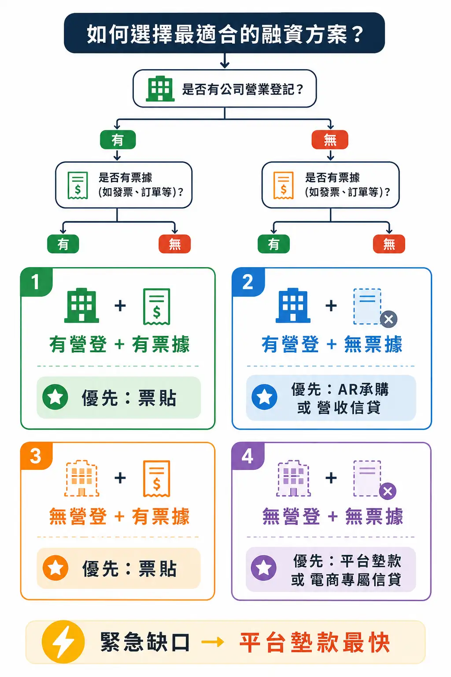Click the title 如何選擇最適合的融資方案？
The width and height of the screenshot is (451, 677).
(225, 34)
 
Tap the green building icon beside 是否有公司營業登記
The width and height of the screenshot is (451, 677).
(160, 89)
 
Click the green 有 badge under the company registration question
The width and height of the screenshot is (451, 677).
(118, 140)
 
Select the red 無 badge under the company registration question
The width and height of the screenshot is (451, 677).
(330, 140)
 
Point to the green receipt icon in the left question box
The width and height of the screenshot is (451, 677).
(78, 185)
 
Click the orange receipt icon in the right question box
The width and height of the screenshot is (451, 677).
(283, 185)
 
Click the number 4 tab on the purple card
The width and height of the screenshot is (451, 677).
(248, 456)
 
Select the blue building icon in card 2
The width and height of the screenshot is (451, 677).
(293, 305)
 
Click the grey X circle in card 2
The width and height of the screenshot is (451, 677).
(388, 319)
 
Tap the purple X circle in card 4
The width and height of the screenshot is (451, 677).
(388, 491)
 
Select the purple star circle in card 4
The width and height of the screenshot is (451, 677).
(264, 568)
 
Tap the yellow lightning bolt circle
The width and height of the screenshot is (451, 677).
(63, 642)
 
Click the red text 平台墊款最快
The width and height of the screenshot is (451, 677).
(314, 642)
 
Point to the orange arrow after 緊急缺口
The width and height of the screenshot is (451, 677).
(213, 642)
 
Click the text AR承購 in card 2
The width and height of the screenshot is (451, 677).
(363, 389)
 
